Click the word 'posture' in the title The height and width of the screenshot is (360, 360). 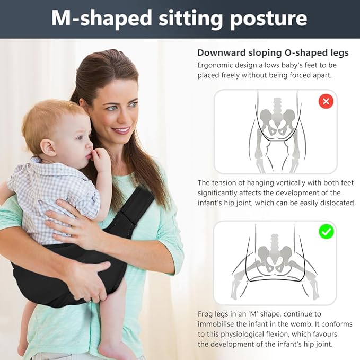coord(269,19)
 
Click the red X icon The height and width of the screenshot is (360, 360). coord(326,101)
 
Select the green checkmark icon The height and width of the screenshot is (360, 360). coord(326,231)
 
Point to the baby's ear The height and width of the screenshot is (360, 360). coord(48,147)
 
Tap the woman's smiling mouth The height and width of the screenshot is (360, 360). coord(121,130)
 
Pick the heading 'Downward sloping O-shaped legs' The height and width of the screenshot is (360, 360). coord(273,53)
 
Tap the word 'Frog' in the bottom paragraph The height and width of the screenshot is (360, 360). coord(205,314)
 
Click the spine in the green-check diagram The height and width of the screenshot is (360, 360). coord(275,243)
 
